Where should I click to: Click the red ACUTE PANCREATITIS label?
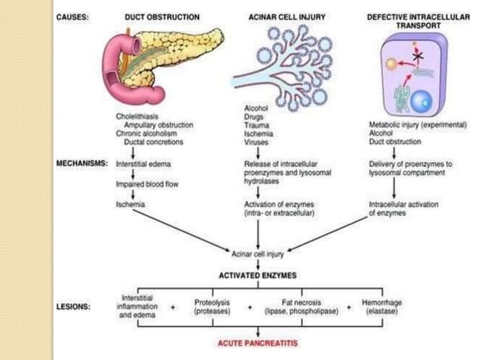click(259, 343)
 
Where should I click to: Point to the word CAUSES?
click(73, 17)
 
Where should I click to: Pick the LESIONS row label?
click(74, 307)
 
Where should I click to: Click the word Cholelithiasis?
click(137, 117)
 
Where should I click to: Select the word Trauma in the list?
click(255, 125)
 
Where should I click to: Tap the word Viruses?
click(255, 141)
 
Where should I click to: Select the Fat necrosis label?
click(301, 301)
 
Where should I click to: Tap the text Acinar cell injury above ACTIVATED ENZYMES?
click(259, 254)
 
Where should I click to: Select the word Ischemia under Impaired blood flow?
click(130, 204)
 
